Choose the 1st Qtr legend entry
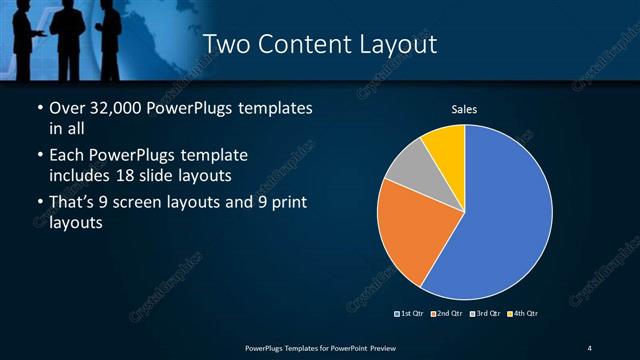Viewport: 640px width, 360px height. pos(411,314)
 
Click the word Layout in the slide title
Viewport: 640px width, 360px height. pos(391,45)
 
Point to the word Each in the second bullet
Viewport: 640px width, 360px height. pos(67,155)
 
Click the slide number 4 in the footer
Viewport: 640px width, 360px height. pos(590,347)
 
